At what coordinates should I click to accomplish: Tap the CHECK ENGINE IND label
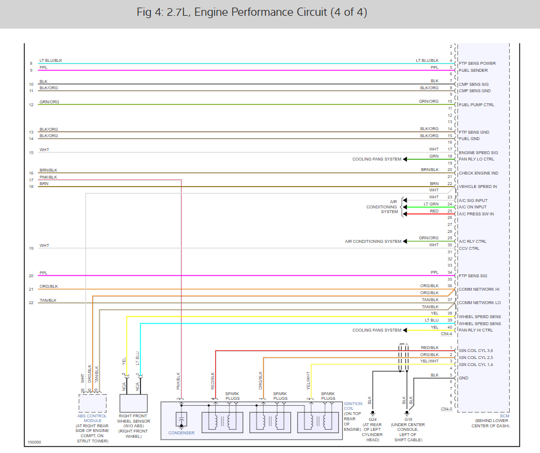[x=478, y=173]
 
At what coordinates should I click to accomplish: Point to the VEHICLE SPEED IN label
[x=478, y=186]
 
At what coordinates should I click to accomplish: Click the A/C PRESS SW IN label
[x=476, y=214]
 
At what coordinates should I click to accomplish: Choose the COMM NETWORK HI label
[x=479, y=290]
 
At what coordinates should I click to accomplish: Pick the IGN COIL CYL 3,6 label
[x=476, y=351]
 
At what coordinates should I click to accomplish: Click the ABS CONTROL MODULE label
[x=93, y=418]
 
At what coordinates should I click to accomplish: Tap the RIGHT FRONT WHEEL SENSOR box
[x=134, y=403]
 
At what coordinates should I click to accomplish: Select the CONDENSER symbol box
[x=181, y=419]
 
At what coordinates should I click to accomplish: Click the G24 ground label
[x=373, y=419]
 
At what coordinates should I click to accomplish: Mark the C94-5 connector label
[x=447, y=409]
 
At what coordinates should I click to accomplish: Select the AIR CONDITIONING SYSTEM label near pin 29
[x=373, y=241]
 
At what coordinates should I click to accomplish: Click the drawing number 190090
[x=34, y=442]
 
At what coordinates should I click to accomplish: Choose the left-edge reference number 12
[x=31, y=105]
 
